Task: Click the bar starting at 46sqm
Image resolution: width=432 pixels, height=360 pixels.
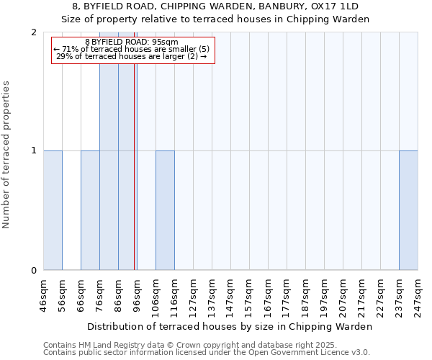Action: pos(53,210)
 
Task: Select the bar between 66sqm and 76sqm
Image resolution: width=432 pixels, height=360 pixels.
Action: pos(90,210)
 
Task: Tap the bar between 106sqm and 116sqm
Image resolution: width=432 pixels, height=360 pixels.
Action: pos(165,210)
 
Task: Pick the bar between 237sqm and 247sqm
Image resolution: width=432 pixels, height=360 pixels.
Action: pos(408,210)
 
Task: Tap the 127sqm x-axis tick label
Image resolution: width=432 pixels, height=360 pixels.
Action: pos(193,295)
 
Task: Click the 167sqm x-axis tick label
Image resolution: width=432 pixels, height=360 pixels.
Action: pos(268,295)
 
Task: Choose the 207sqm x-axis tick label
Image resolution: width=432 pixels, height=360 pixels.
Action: pos(343,295)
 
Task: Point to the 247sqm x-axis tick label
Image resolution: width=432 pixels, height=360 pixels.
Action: pos(418,295)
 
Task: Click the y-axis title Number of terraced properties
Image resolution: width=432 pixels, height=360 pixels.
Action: pos(6,154)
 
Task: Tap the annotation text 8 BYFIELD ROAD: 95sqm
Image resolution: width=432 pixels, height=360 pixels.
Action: pos(131,42)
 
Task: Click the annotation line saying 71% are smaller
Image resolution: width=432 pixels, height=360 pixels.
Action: pos(131,49)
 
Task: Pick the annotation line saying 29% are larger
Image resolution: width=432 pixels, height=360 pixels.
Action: pos(131,56)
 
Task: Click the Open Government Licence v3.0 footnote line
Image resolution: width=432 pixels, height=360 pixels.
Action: pos(207,353)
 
